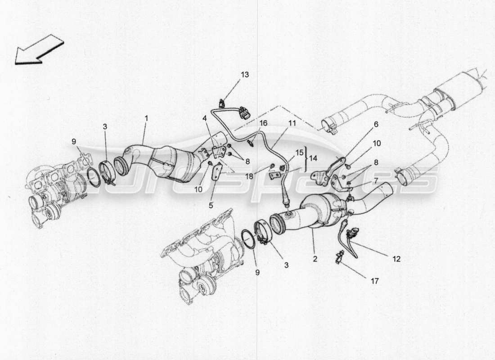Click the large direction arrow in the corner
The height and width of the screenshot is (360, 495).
(x=39, y=49)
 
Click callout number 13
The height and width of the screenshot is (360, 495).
(x=244, y=74)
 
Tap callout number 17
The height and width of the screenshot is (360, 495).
(x=375, y=281)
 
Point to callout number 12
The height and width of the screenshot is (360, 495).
(x=396, y=259)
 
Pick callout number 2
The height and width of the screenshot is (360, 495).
(x=315, y=259)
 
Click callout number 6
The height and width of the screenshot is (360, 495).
(x=376, y=124)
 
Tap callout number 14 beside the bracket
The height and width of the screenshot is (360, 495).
(x=313, y=158)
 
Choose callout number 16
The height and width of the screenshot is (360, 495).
(x=263, y=122)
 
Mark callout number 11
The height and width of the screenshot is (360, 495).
(x=292, y=122)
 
